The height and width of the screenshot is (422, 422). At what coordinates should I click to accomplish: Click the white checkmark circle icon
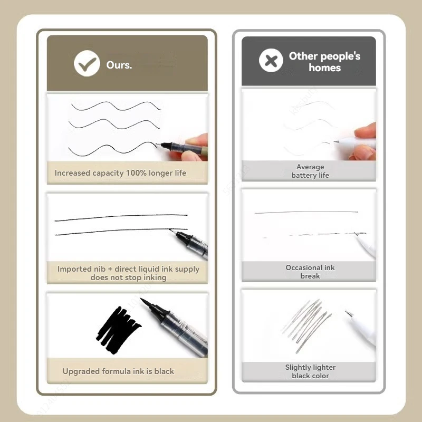point(87,63)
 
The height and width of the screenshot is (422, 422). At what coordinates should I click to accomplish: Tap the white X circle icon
point(271,60)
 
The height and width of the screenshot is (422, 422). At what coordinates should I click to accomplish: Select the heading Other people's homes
point(324,62)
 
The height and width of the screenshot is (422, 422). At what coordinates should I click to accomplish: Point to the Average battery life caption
point(310,171)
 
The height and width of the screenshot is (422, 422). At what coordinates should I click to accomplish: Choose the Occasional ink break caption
point(310,272)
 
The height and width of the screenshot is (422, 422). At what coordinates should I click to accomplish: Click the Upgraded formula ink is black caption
point(118,371)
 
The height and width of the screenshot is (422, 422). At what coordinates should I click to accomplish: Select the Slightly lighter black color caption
point(310,371)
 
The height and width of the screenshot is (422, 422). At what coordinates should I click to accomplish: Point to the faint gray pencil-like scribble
point(307,325)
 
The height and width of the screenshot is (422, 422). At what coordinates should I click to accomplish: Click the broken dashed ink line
point(314,235)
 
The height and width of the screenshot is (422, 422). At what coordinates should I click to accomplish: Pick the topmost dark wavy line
point(116,106)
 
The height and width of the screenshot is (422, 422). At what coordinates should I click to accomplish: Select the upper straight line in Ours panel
point(121,217)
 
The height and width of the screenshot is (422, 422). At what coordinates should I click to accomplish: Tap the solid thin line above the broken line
point(306,213)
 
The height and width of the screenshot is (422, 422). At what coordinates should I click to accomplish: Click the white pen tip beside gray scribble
point(349,313)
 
